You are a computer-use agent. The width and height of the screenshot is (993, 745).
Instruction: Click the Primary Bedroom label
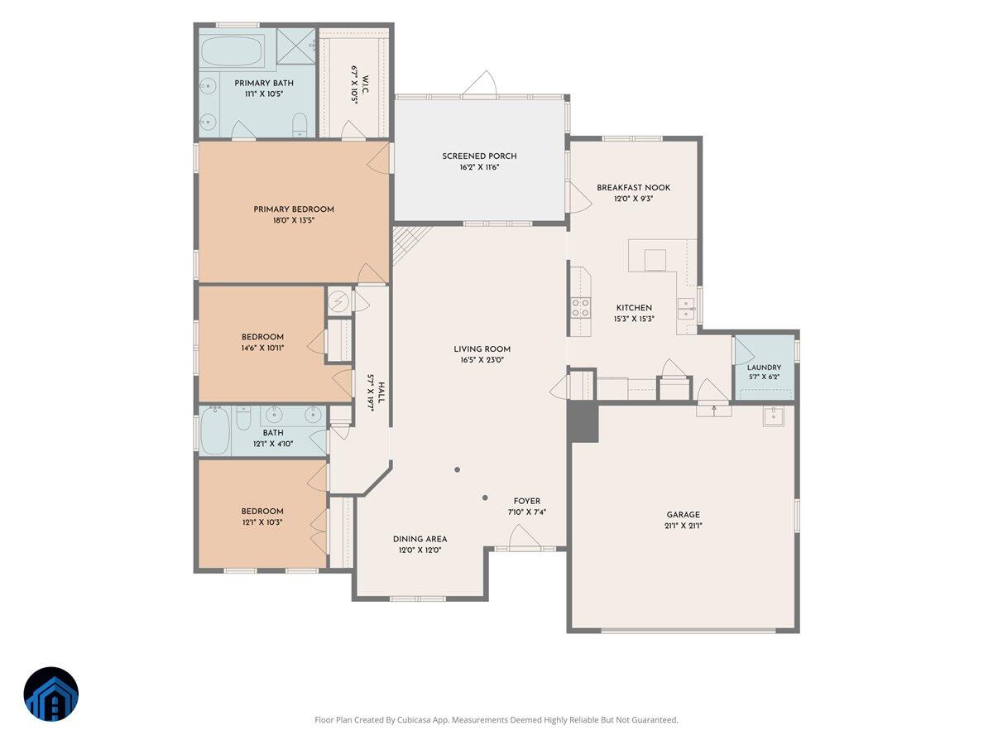(294, 209)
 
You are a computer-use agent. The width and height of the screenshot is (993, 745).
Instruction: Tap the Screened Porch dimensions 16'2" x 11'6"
(479, 167)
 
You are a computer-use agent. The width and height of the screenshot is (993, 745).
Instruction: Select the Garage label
(683, 515)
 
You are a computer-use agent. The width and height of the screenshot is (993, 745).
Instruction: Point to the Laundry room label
(764, 368)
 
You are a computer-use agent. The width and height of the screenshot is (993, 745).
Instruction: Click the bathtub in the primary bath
(232, 51)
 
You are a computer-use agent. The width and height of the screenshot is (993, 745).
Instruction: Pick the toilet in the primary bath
(300, 125)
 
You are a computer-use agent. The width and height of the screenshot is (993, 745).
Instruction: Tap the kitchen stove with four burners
(580, 308)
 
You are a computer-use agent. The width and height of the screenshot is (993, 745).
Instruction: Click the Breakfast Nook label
(633, 188)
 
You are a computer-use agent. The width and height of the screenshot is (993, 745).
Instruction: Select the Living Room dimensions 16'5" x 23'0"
(482, 361)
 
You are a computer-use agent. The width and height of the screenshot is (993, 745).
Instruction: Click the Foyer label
(527, 501)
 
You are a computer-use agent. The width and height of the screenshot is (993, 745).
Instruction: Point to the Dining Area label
(420, 539)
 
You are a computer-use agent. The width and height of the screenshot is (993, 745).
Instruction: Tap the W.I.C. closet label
(366, 84)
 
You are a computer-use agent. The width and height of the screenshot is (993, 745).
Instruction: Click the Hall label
(381, 392)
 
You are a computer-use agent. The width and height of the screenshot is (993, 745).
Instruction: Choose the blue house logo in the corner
(51, 695)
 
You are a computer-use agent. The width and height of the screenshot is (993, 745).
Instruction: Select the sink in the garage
(773, 416)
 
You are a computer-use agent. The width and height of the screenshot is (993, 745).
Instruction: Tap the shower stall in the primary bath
(296, 46)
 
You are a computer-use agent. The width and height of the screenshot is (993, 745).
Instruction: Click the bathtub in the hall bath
(215, 430)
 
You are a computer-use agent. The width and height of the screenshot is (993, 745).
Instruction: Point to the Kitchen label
(634, 308)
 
